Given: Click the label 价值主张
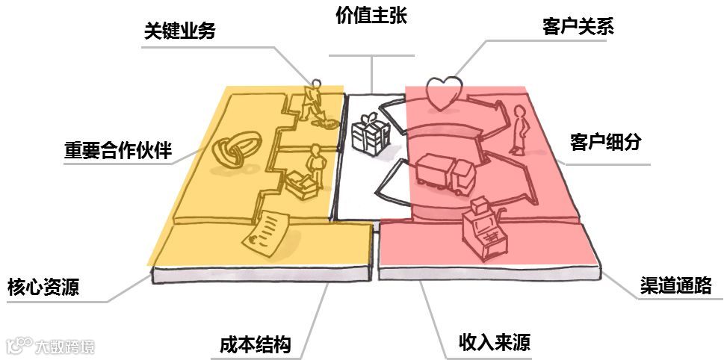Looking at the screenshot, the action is [371, 16].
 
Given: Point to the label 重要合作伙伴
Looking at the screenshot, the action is [118, 152].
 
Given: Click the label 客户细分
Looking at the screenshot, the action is [605, 142].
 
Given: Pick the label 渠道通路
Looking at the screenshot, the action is [675, 285].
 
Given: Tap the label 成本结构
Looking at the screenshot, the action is [255, 345].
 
